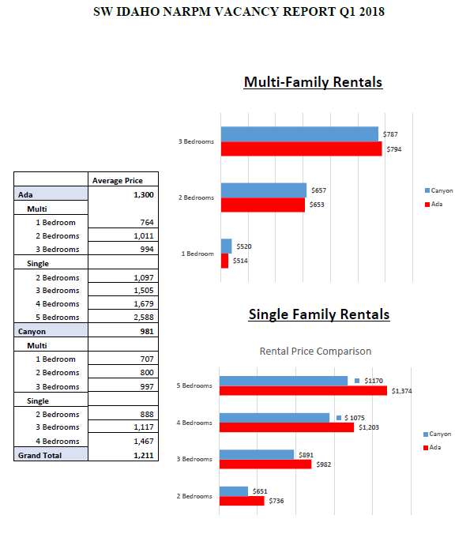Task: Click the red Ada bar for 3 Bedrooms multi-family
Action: [x=302, y=149]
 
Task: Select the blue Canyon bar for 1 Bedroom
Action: [x=226, y=246]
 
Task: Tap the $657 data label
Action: [x=318, y=190]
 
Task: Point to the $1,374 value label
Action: [x=401, y=391]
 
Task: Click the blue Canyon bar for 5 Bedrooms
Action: [x=284, y=381]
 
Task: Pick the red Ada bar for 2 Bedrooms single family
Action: [x=242, y=501]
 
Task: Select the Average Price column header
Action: [x=118, y=180]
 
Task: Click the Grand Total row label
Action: [x=39, y=455]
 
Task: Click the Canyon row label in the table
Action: [x=32, y=331]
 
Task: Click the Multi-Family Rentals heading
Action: [x=313, y=82]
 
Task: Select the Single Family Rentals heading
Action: [x=319, y=314]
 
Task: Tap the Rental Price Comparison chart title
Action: [x=315, y=351]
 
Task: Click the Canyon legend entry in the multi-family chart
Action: [x=438, y=190]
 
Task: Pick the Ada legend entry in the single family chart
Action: [x=432, y=447]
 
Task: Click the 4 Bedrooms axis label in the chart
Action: [x=194, y=423]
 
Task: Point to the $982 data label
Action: [x=324, y=464]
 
